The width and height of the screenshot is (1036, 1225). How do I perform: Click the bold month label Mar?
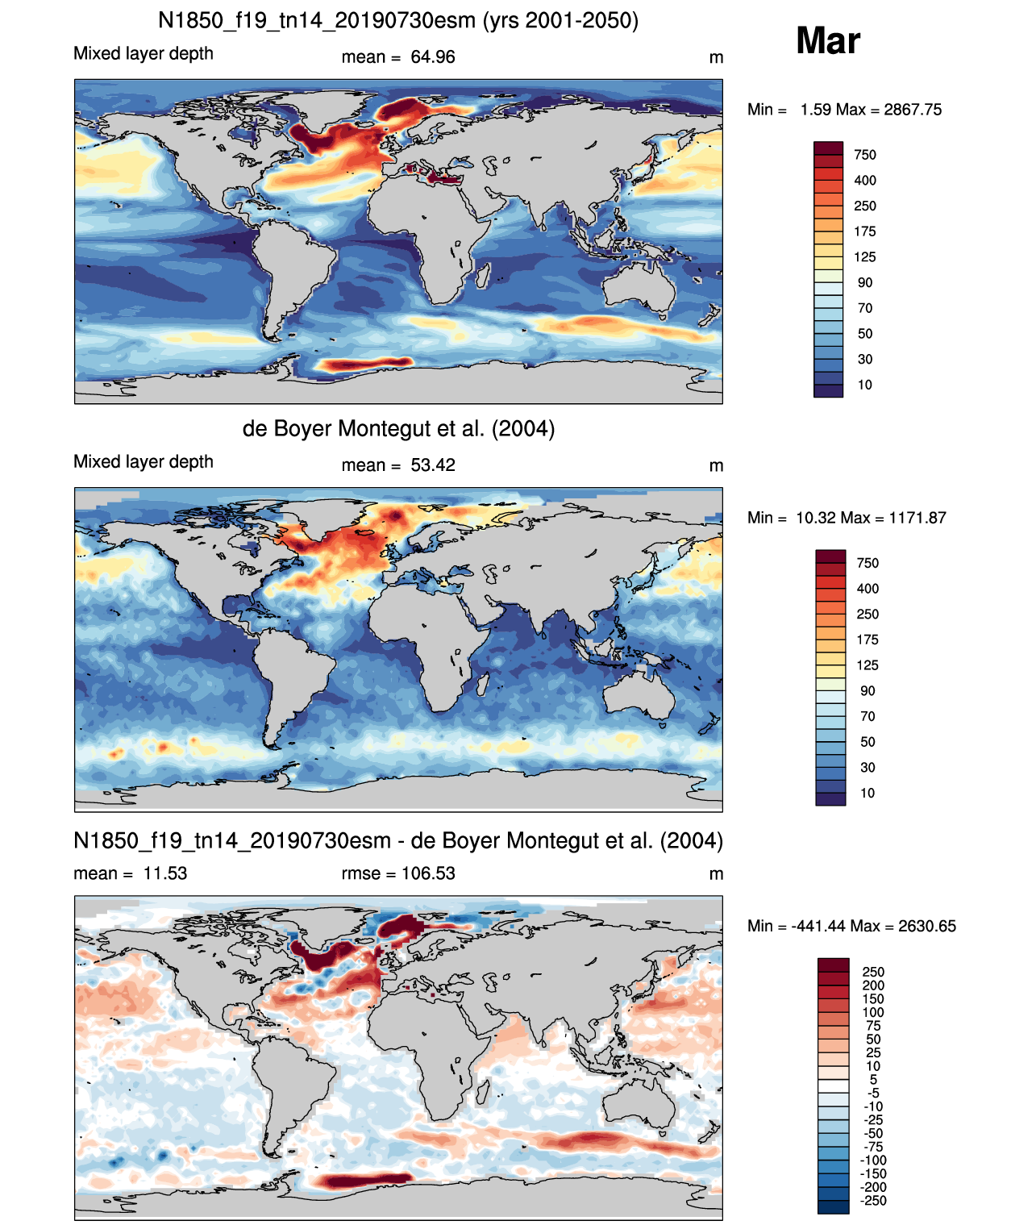coord(827,41)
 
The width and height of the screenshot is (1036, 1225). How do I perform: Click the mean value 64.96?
coord(432,57)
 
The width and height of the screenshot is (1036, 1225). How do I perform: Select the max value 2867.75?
coord(912,110)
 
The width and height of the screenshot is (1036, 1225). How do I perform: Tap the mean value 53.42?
coord(432,465)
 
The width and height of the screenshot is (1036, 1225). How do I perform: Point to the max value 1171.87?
coord(917,518)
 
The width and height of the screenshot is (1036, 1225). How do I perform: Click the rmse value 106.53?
coord(428,873)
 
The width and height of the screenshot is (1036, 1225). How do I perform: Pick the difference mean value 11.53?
coord(164,873)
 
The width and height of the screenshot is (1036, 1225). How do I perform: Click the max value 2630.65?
coord(927,927)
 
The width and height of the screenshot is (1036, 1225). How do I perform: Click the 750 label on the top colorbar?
coord(865,155)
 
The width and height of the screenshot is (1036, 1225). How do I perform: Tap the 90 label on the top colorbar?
coord(865,283)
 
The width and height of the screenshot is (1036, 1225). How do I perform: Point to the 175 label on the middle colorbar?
coord(867,640)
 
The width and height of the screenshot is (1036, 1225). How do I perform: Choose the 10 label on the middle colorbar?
coord(867,793)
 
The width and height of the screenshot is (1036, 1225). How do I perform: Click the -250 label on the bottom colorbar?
coord(873,1202)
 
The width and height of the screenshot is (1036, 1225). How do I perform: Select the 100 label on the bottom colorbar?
coord(873,1013)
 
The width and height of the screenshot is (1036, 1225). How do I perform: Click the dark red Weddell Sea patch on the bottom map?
coord(362,1181)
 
